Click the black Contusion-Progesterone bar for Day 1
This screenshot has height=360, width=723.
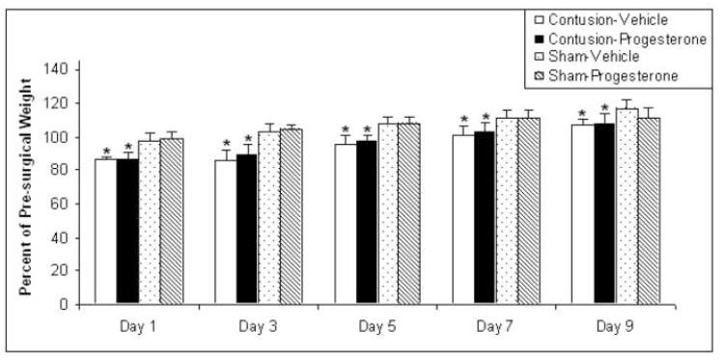127,232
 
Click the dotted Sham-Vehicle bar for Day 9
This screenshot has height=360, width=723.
628,207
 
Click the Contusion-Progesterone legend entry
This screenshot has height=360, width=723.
608,39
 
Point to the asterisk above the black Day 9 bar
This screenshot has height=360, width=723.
604,109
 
